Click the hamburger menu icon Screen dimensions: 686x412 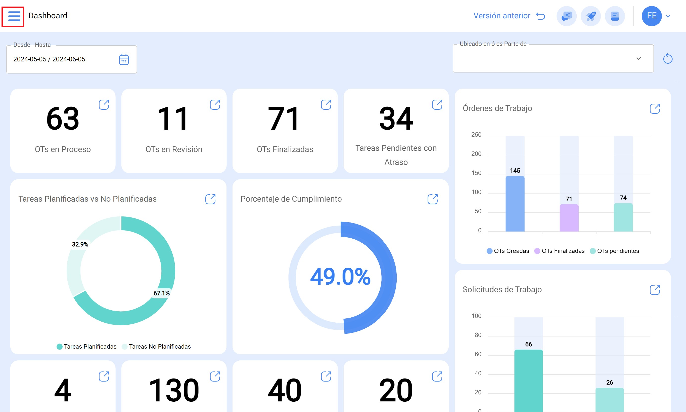(x=14, y=16)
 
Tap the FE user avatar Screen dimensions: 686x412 (x=652, y=16)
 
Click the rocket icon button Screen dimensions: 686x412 (x=591, y=16)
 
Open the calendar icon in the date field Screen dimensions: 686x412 (x=124, y=59)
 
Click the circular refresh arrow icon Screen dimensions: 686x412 (x=668, y=59)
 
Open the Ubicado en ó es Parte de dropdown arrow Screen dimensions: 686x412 (x=638, y=59)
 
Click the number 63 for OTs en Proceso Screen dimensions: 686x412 (x=63, y=119)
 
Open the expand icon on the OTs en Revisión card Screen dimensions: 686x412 (x=215, y=105)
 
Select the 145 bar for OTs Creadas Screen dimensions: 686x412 (x=515, y=204)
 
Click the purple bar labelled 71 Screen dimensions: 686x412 (x=569, y=218)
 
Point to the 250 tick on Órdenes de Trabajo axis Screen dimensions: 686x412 (x=476, y=135)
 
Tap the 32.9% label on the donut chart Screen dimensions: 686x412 (x=80, y=244)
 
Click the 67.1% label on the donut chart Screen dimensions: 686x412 (x=162, y=293)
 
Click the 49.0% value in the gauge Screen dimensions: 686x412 (x=340, y=277)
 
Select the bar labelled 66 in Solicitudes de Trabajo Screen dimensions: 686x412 (x=528, y=381)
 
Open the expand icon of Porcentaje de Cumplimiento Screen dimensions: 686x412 (x=433, y=199)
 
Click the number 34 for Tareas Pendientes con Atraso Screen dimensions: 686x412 (x=396, y=119)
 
